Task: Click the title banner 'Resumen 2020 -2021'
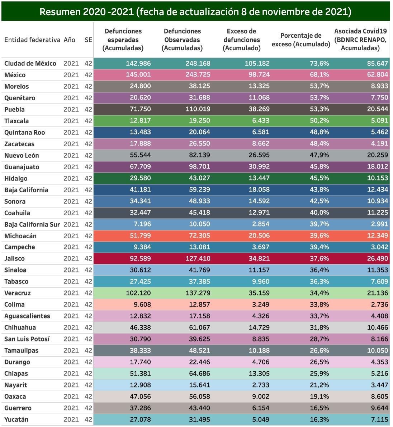(x=195, y=12)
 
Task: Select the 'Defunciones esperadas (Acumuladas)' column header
(x=123, y=40)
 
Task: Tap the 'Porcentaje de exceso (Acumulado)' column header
(x=300, y=40)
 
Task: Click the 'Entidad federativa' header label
(x=32, y=40)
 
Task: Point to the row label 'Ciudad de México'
(x=30, y=64)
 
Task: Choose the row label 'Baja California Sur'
(x=32, y=225)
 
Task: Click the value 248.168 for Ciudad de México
(x=198, y=64)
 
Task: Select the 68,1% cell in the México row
(x=319, y=75)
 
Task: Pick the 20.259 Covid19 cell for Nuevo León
(x=377, y=156)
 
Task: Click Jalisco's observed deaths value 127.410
(x=198, y=259)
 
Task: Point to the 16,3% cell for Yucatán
(x=319, y=420)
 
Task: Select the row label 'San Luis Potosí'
(x=27, y=339)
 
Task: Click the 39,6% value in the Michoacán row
(x=319, y=236)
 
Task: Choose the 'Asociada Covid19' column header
(x=360, y=40)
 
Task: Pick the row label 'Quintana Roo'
(x=24, y=133)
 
